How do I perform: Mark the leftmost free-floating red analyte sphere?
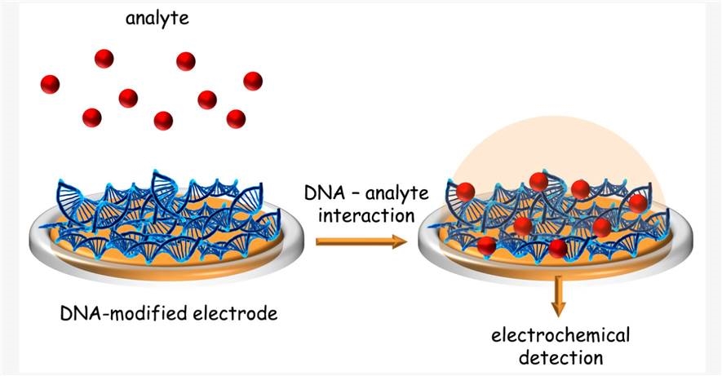pos(50,83)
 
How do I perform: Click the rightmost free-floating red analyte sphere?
pos(253,81)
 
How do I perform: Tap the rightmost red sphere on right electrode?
pos(637,202)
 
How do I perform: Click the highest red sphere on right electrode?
pos(538,181)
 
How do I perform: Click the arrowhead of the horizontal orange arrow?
pos(400,241)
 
